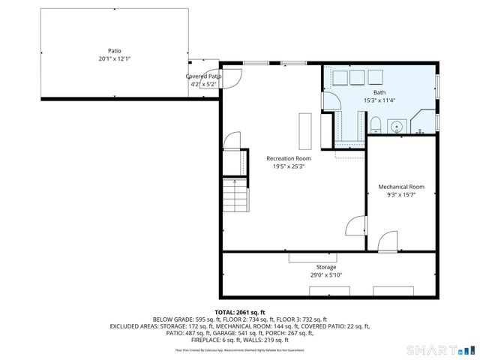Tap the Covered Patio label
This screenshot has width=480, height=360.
(204, 76)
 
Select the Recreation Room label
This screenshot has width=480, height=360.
(288, 158)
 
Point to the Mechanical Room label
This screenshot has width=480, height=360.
(401, 187)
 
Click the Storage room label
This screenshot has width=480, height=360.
(325, 267)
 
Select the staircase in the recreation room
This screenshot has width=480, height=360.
(236, 196)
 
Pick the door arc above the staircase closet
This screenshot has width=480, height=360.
(232, 140)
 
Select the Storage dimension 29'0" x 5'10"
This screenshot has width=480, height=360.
(325, 275)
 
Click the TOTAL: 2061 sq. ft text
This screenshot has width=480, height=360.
(240, 312)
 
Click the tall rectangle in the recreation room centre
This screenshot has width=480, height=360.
(304, 130)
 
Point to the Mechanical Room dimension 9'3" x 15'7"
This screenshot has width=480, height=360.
(401, 195)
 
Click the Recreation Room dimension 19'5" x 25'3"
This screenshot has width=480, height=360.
(288, 166)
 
